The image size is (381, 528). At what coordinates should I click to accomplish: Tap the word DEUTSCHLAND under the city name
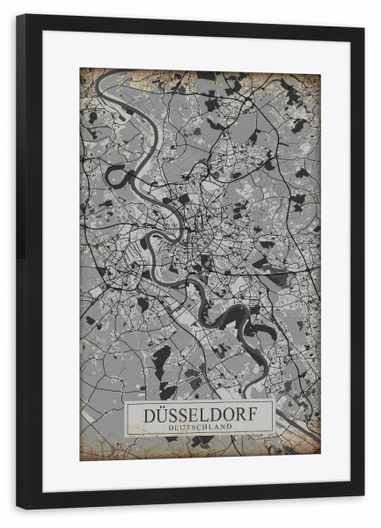pos(200,427)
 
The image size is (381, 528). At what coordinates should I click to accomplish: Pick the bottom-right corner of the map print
pos(319,458)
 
